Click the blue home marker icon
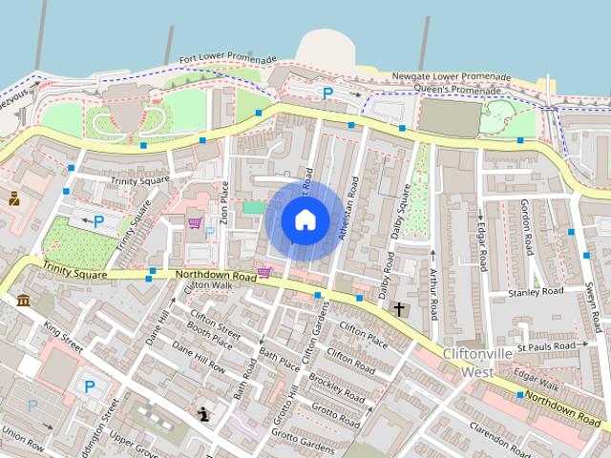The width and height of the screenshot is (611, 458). tap(305, 220)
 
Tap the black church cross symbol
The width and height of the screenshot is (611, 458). tap(399, 309)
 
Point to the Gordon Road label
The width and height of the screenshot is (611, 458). tap(526, 226)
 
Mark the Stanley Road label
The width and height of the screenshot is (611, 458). tap(536, 293)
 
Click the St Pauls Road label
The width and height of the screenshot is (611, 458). tap(546, 345)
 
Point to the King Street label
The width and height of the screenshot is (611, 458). tap(63, 339)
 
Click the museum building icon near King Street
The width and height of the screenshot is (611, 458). tap(23, 302)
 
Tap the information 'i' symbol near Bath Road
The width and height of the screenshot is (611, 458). tap(203, 413)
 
